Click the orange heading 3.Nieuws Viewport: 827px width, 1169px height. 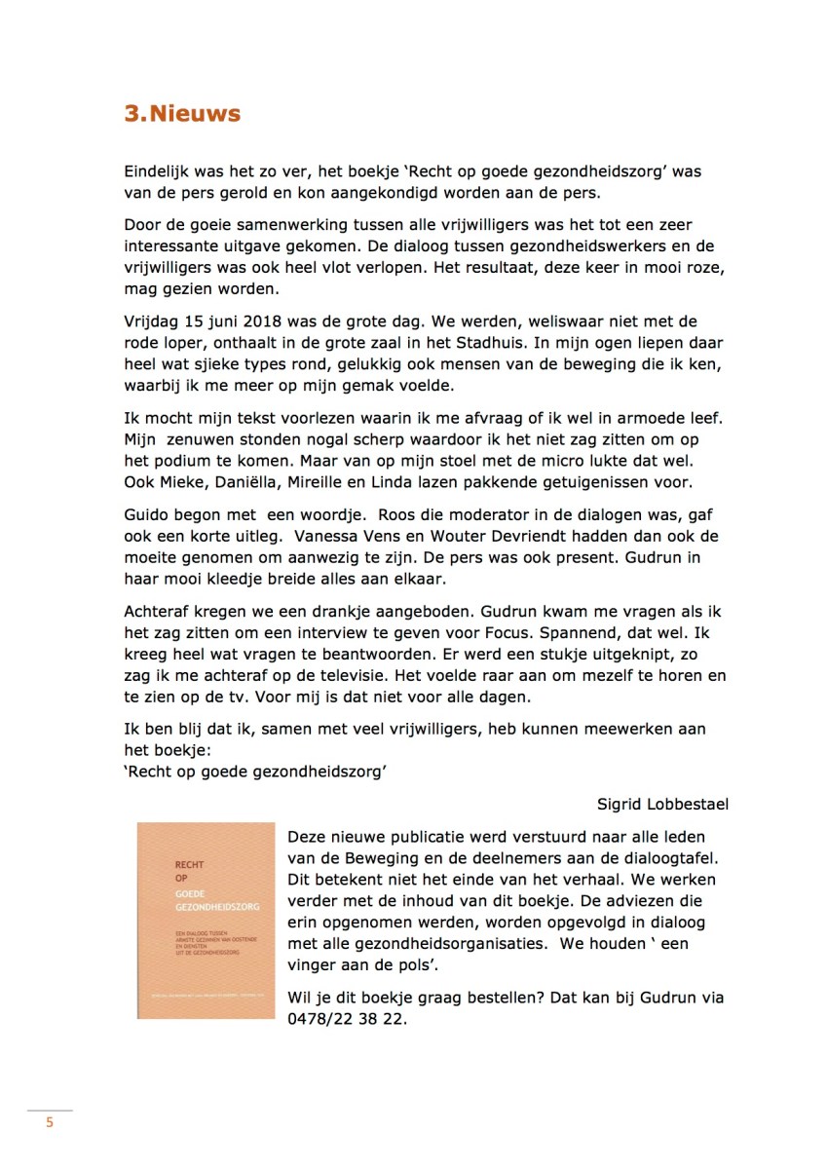click(182, 114)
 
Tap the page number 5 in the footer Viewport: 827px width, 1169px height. click(50, 1122)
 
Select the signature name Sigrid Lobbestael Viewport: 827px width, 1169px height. click(663, 804)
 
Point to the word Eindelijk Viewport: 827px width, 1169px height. click(161, 170)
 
